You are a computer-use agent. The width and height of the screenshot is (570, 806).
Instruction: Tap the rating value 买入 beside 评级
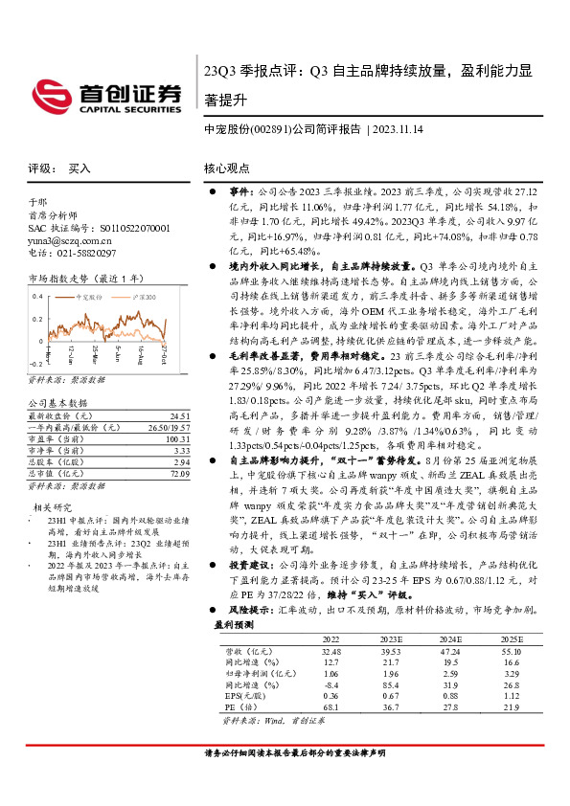(79, 168)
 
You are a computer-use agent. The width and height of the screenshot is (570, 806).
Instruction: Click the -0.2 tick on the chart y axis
(34, 364)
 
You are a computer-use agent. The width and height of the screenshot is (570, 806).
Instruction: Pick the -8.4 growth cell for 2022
(331, 685)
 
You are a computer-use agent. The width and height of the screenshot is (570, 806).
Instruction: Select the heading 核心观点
(226, 168)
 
